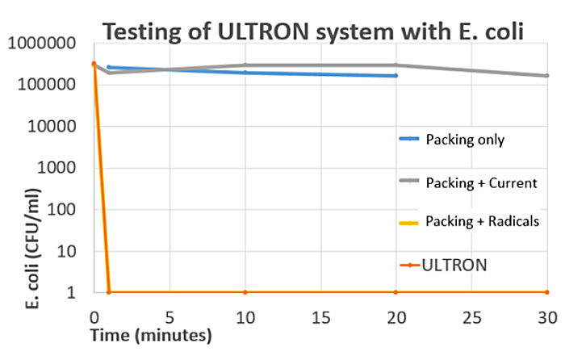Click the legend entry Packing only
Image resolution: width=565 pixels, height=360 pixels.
(464, 140)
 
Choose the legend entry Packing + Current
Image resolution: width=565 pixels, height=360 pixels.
(480, 182)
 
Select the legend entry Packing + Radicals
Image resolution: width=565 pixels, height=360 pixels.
(481, 221)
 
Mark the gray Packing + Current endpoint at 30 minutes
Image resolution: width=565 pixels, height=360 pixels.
(546, 76)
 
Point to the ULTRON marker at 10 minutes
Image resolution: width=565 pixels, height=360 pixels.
(245, 292)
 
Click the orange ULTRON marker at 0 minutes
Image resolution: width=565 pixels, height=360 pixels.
(94, 64)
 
